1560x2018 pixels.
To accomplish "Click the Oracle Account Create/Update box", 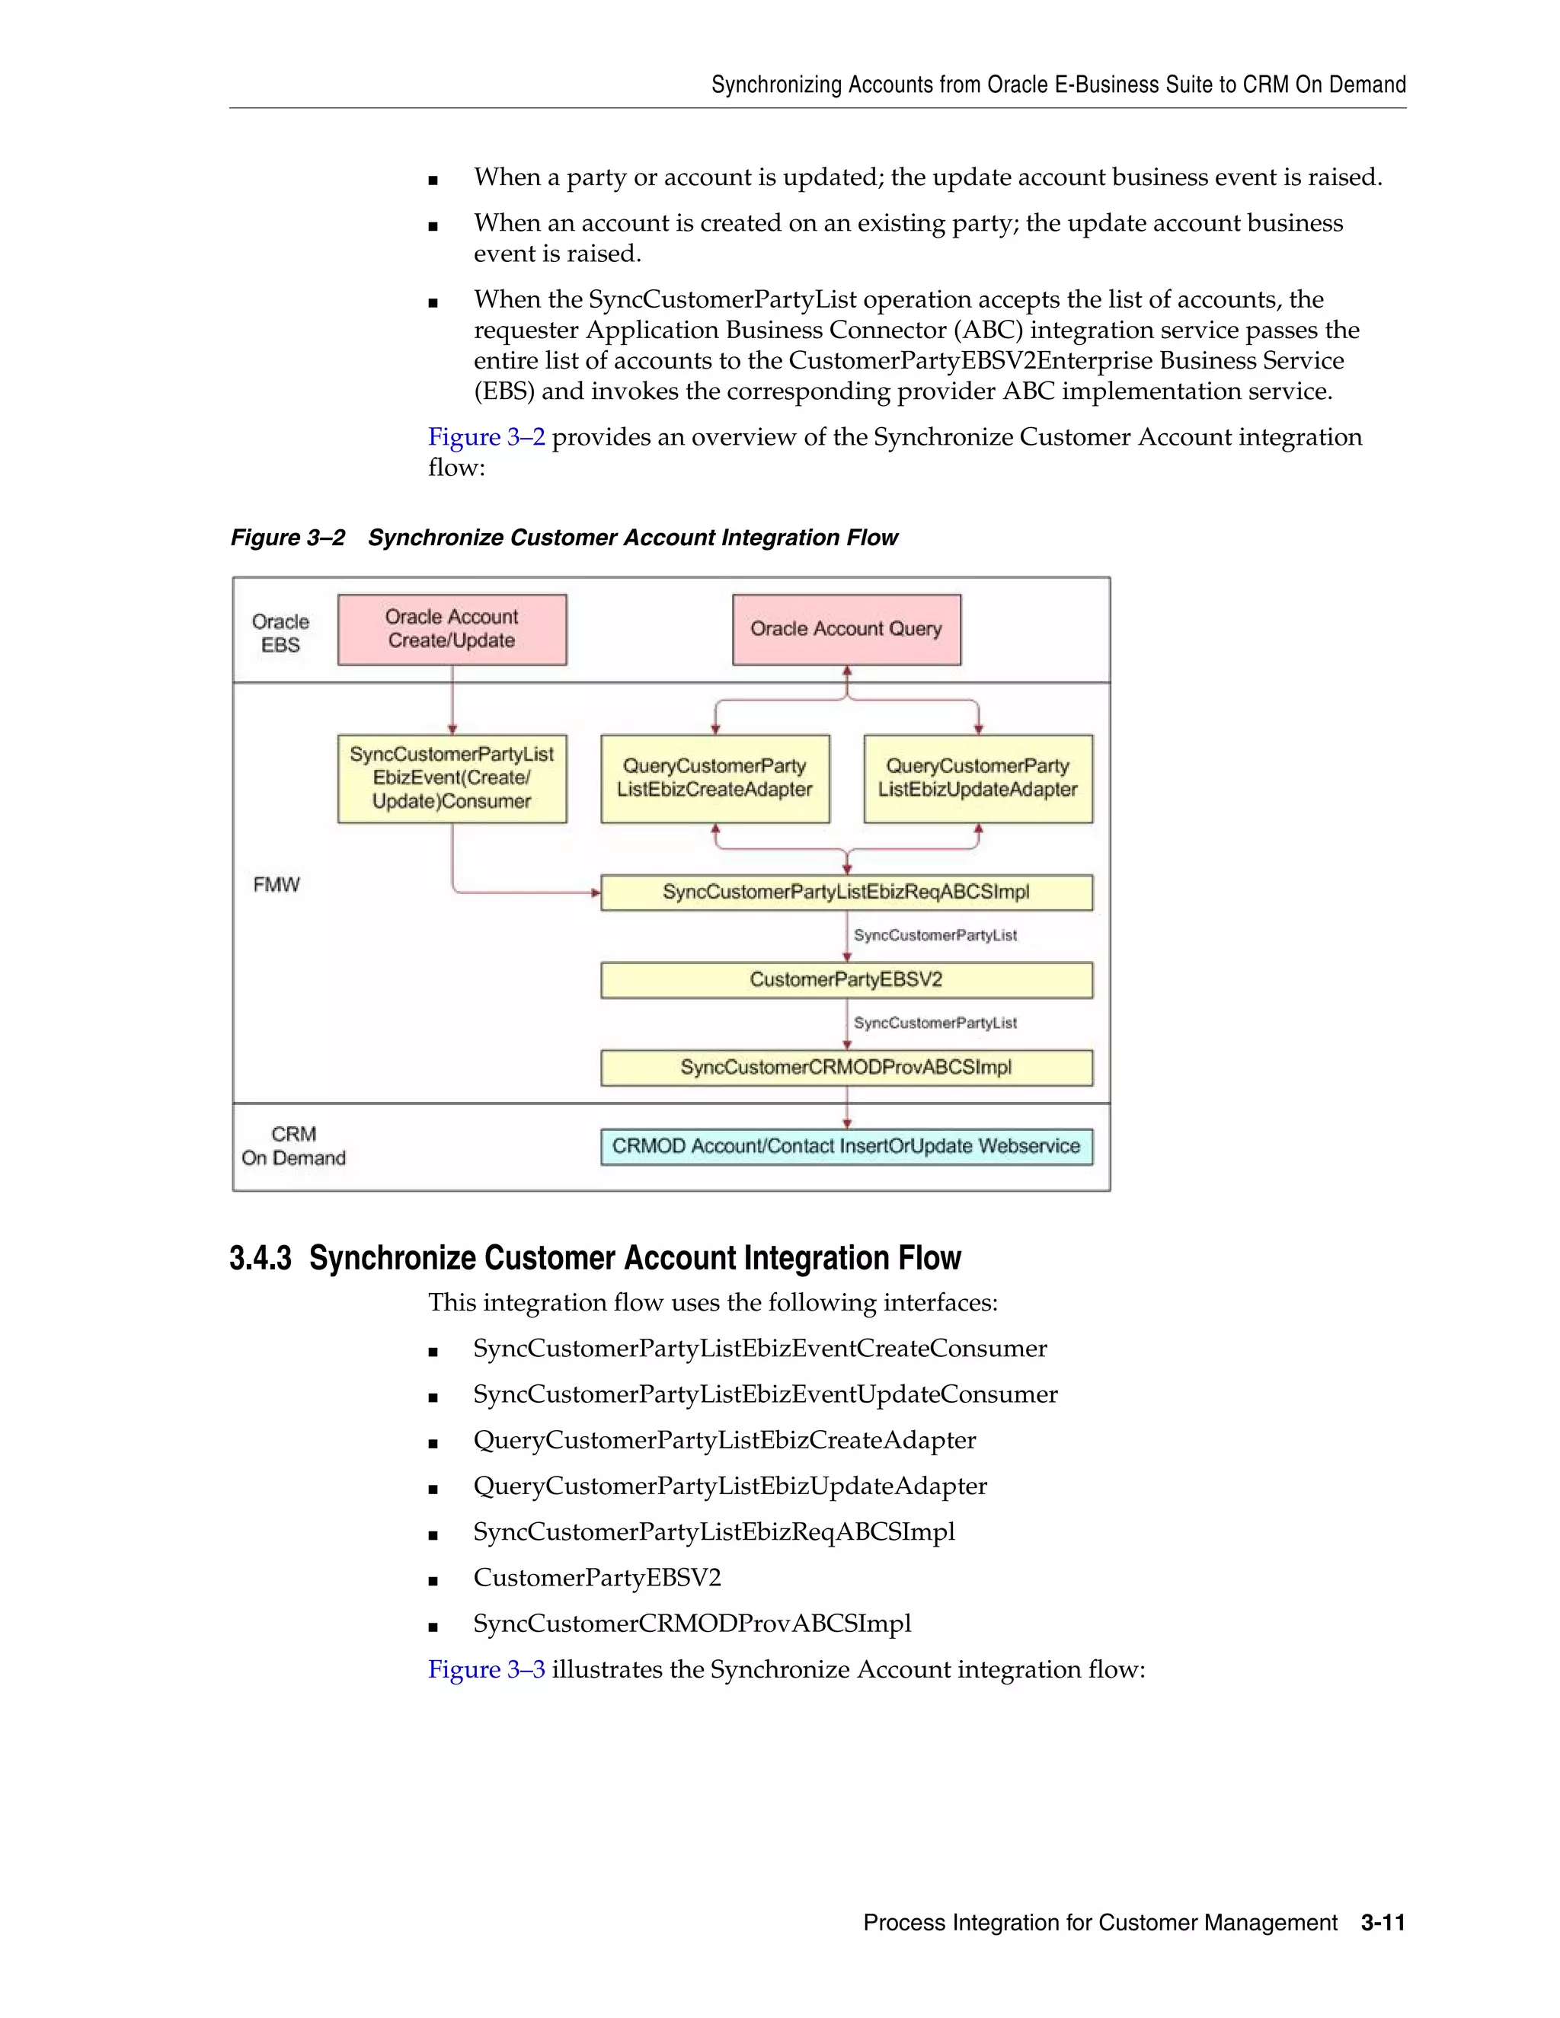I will pyautogui.click(x=452, y=629).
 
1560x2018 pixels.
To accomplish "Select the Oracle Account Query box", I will pyautogui.click(x=846, y=629).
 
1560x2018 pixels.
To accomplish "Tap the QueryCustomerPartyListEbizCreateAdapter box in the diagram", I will pyautogui.click(x=715, y=778).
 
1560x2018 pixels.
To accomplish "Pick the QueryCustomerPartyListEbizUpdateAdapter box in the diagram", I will pyautogui.click(x=978, y=778).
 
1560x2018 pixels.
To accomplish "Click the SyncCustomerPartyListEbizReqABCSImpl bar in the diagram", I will pyautogui.click(x=846, y=892).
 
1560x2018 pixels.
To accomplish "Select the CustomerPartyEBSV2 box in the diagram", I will pyautogui.click(x=846, y=980).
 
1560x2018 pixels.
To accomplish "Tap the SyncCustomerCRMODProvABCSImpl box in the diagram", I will pyautogui.click(x=846, y=1067).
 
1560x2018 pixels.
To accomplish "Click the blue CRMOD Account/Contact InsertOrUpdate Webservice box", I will pyautogui.click(x=846, y=1147).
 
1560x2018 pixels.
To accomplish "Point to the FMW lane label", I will pyautogui.click(x=277, y=885).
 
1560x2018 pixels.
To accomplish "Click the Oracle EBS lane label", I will pyautogui.click(x=280, y=633).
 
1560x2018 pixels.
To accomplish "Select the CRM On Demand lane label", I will pyautogui.click(x=293, y=1146).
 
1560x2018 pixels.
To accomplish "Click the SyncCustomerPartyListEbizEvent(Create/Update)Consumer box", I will pyautogui.click(x=452, y=778).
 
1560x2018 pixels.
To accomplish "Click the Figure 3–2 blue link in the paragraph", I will pyautogui.click(x=486, y=437).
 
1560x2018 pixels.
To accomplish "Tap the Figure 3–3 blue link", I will pyautogui.click(x=486, y=1670).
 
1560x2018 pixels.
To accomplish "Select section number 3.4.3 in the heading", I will pyautogui.click(x=260, y=1259).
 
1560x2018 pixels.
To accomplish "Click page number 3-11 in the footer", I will pyautogui.click(x=1383, y=1923).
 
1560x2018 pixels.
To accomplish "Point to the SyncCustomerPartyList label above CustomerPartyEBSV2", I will pyautogui.click(x=935, y=935).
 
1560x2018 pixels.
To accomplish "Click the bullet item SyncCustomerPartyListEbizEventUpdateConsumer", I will pyautogui.click(x=766, y=1394).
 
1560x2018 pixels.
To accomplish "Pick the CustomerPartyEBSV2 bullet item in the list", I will pyautogui.click(x=597, y=1577).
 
